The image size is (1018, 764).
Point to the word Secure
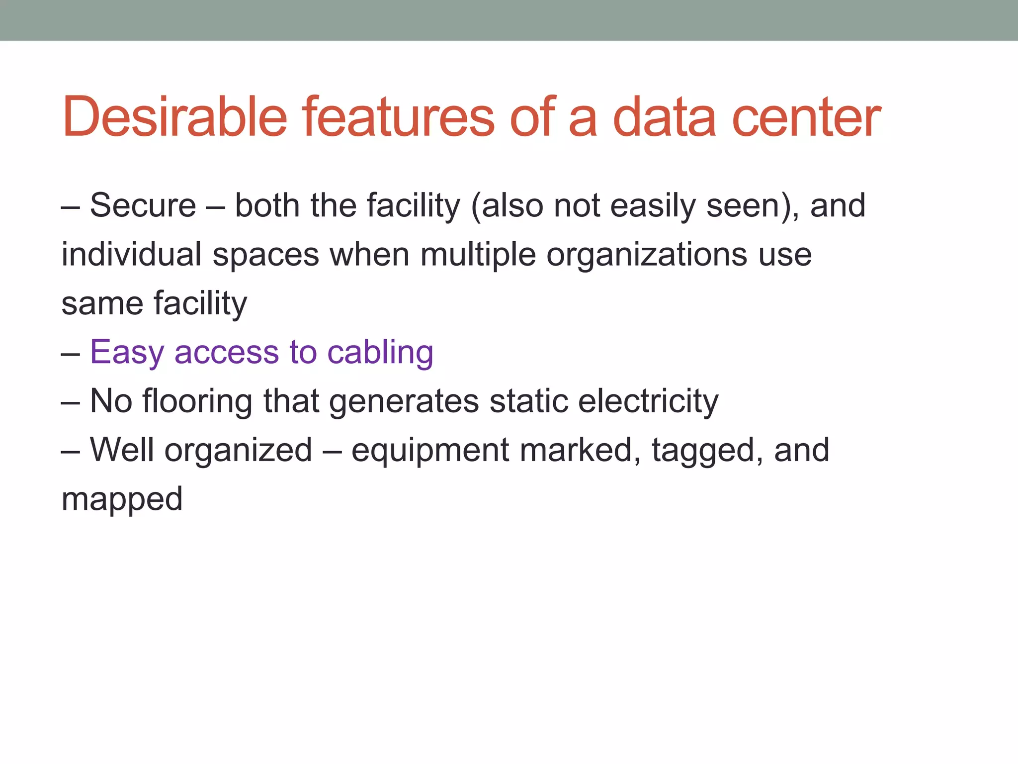[143, 205]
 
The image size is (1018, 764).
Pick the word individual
[131, 254]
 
